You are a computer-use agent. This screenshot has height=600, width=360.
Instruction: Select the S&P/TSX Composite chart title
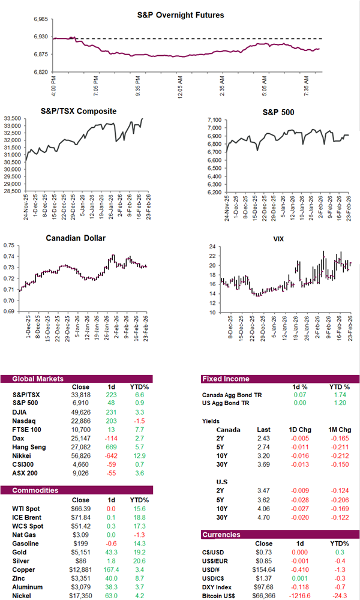coord(79,111)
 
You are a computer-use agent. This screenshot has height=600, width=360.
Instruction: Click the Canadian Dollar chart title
coord(76,238)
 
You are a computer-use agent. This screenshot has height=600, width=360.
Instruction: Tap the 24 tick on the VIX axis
coord(213,247)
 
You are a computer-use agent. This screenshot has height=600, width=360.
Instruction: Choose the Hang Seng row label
coord(28,446)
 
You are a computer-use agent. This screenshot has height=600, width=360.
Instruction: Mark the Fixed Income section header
coord(226,379)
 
